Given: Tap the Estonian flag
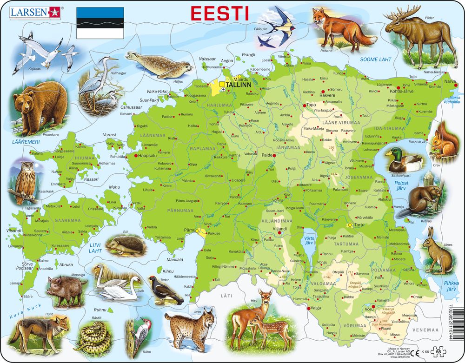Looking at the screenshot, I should (x=100, y=22).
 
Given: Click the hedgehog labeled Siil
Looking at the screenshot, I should (x=126, y=244).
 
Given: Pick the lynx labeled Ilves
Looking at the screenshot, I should (x=189, y=327).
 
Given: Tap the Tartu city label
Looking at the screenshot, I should (x=359, y=225).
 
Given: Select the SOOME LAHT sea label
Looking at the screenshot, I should (x=376, y=59).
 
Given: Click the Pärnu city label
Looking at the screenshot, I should (x=188, y=229).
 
